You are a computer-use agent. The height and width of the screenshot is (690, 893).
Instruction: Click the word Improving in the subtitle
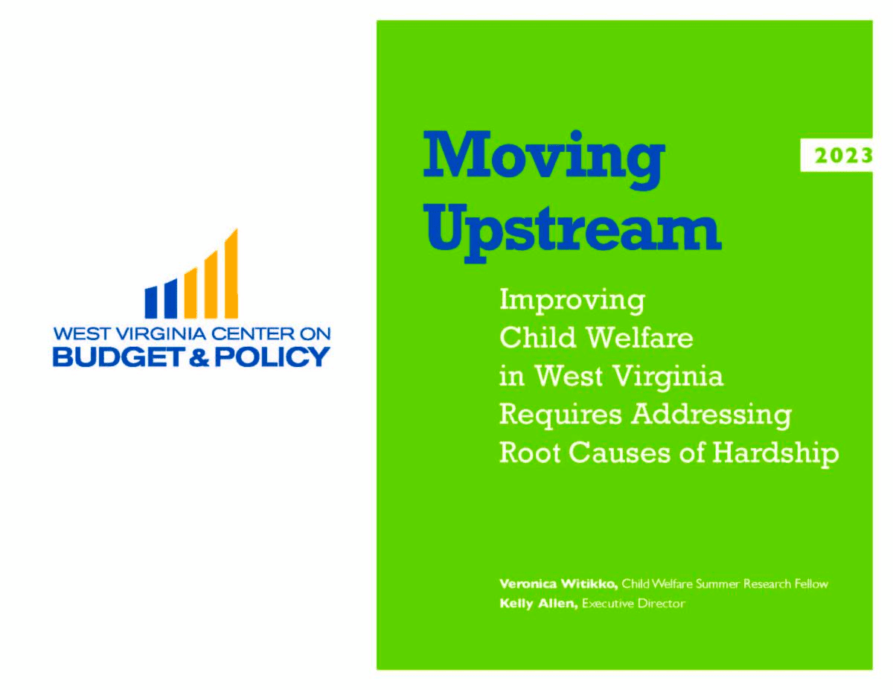tap(572, 301)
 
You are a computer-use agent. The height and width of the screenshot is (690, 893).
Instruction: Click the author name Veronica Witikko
tap(558, 584)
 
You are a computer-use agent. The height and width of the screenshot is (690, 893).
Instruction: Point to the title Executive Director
tap(633, 604)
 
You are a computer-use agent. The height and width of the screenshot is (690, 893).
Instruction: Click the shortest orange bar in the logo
tap(191, 293)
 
